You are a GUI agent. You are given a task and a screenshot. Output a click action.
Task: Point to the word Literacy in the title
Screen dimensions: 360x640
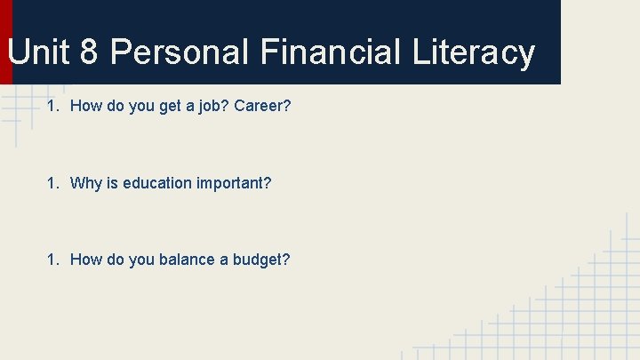474,52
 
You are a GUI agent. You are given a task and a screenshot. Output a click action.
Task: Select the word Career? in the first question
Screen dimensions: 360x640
263,107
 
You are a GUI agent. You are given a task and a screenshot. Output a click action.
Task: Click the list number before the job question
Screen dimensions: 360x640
52,107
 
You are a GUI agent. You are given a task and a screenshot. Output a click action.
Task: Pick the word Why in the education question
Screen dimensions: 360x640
86,183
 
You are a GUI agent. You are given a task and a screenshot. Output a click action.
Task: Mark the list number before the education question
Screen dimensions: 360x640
52,183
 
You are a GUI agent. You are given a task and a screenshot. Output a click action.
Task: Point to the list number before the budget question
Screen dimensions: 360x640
52,260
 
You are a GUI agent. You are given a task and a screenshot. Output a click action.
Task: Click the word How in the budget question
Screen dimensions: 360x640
85,260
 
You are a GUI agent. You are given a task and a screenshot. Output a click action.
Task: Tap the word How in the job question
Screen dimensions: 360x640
85,107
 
